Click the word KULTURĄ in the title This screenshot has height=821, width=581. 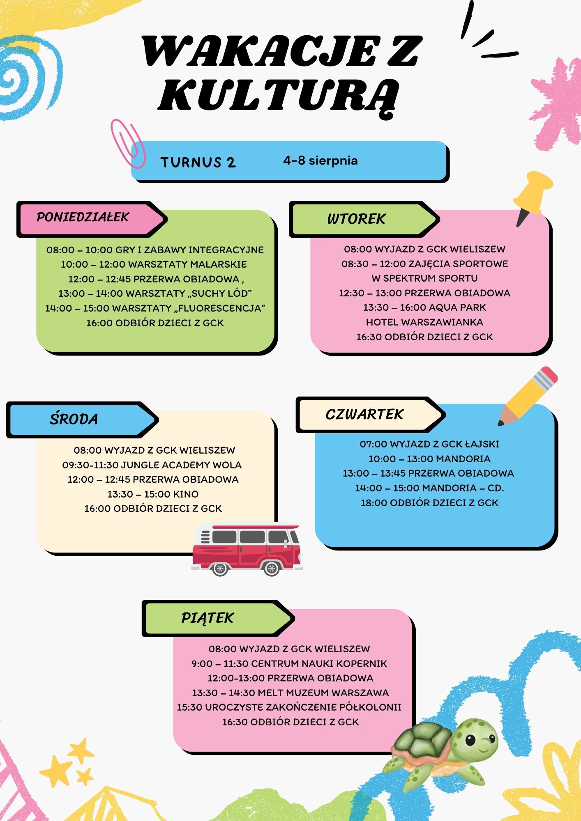(279, 95)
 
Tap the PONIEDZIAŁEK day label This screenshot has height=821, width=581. (83, 217)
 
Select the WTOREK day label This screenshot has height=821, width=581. (356, 219)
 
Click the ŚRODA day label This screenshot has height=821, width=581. (74, 419)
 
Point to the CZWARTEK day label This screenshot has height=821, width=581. (364, 414)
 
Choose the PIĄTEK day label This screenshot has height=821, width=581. (207, 618)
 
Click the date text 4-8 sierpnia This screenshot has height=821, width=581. (320, 160)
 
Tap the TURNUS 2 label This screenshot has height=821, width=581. (198, 162)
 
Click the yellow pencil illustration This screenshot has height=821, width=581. (528, 396)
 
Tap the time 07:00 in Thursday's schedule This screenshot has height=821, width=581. (373, 444)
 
